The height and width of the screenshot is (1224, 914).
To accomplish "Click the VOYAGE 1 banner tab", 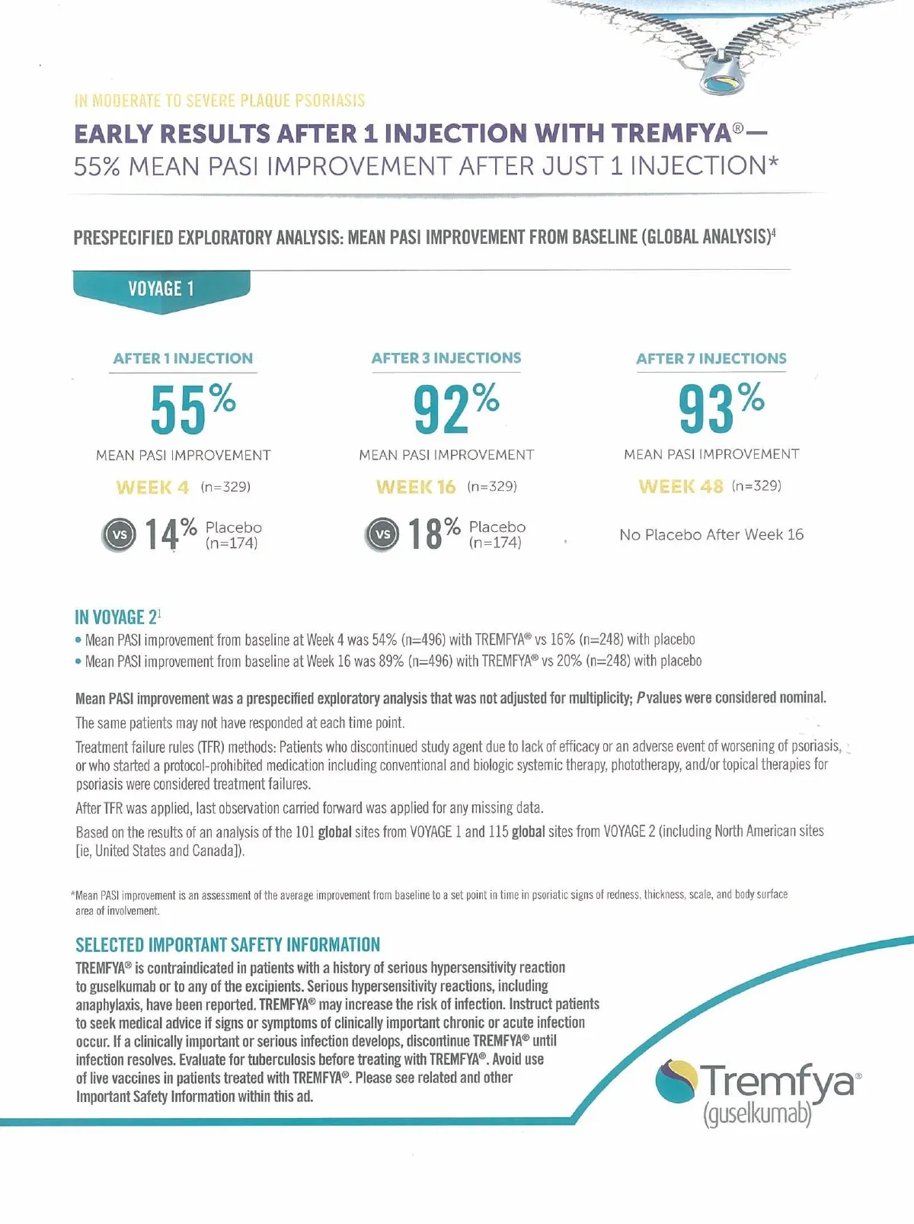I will click(x=161, y=289).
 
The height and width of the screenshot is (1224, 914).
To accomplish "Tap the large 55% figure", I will click(x=192, y=408).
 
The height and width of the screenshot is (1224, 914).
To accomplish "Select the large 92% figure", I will click(x=455, y=408).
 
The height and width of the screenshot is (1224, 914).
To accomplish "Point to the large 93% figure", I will click(x=721, y=408).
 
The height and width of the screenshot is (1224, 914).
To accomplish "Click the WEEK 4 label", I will click(x=152, y=487).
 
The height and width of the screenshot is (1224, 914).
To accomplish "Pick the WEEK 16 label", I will click(x=416, y=487).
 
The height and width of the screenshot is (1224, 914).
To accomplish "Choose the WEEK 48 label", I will click(x=680, y=486).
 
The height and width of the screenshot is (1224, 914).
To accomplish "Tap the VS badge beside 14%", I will click(x=120, y=535).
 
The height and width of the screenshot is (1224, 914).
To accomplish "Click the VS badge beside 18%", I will click(x=383, y=534).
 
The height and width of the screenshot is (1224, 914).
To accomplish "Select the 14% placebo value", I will click(x=171, y=533).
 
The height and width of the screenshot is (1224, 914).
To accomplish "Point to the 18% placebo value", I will click(x=434, y=533).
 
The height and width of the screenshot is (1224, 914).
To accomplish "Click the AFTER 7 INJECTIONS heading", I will click(x=711, y=359).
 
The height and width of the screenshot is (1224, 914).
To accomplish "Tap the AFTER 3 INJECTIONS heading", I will click(x=446, y=358).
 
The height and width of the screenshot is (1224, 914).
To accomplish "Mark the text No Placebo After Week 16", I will click(x=711, y=535).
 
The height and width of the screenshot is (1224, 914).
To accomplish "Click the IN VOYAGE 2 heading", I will click(x=117, y=617).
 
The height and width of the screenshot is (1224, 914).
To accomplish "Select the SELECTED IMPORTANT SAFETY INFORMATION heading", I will click(x=227, y=945).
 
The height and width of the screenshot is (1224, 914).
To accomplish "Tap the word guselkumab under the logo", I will click(x=756, y=1115).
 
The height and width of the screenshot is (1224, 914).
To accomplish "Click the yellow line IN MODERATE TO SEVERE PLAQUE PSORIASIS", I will click(x=219, y=101).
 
